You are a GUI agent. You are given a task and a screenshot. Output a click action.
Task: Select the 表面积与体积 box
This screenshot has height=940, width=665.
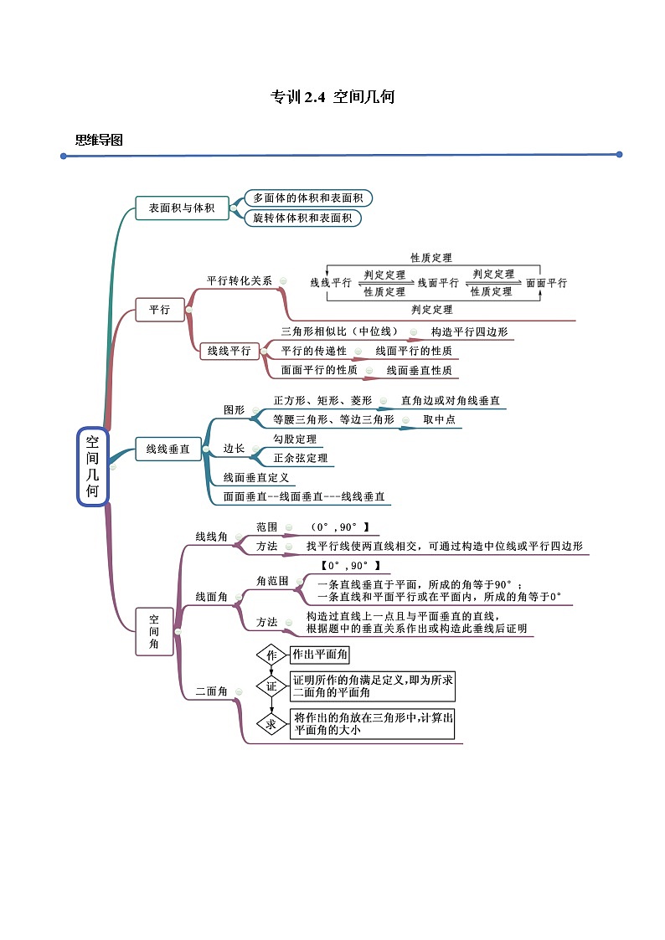[182, 208]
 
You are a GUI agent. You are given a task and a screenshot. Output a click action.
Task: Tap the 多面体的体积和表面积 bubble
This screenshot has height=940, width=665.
[307, 198]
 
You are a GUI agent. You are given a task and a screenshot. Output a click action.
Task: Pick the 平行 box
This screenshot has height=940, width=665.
[159, 310]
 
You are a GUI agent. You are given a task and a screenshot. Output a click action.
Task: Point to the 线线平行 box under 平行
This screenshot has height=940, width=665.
[229, 351]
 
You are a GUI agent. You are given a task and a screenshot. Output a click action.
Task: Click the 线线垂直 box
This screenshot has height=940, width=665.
[168, 449]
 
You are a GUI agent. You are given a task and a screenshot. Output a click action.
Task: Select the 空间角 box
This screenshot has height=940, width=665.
[154, 631]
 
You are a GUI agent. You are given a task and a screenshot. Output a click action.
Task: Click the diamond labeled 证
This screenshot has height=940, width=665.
[271, 687]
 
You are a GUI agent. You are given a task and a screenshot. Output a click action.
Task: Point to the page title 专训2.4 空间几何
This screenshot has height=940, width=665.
[332, 97]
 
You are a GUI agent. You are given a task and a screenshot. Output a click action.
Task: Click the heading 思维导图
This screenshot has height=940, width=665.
[99, 140]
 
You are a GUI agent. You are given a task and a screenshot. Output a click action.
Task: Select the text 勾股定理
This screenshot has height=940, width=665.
[295, 439]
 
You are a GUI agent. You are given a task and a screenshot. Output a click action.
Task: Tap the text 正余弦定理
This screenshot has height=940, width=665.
[300, 458]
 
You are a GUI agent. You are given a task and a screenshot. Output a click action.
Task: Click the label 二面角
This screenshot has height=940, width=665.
[212, 691]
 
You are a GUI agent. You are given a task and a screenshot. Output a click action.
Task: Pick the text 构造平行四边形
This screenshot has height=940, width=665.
[469, 331]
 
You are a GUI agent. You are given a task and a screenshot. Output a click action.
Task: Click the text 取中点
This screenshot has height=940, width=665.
[439, 419]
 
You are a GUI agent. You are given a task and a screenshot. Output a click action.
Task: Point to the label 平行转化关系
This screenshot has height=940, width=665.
[240, 280]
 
